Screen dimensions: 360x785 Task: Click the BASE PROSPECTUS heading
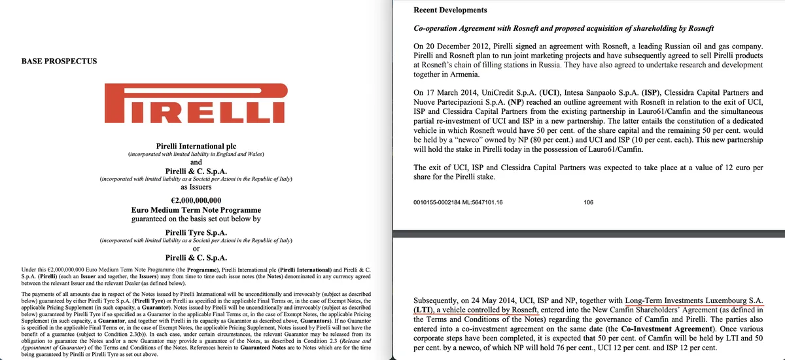pyautogui.click(x=60, y=61)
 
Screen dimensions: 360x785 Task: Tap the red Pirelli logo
pyautogui.click(x=196, y=107)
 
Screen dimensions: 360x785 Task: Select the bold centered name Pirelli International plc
pyautogui.click(x=196, y=145)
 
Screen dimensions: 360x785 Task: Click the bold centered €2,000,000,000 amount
pyautogui.click(x=196, y=200)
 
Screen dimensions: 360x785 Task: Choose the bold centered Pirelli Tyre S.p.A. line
pyautogui.click(x=196, y=232)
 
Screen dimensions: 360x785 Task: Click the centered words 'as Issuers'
pyautogui.click(x=196, y=187)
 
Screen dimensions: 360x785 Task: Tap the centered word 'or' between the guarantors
pyautogui.click(x=196, y=248)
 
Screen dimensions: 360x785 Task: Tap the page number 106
pyautogui.click(x=588, y=203)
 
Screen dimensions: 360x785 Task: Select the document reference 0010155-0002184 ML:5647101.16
pyautogui.click(x=459, y=203)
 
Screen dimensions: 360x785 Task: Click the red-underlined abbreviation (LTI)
pyautogui.click(x=427, y=309)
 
